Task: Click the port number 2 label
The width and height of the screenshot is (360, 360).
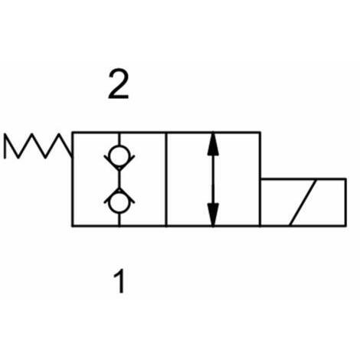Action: (118, 85)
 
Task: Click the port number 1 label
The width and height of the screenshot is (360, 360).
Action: (119, 281)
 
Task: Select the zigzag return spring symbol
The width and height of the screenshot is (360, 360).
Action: (38, 146)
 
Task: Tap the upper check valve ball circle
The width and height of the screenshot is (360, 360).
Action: (119, 155)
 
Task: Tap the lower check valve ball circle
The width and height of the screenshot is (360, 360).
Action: (119, 203)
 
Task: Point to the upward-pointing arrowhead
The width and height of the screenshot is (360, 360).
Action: (213, 144)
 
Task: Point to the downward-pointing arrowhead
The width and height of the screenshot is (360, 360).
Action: (213, 214)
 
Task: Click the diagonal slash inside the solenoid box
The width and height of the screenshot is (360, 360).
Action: (303, 203)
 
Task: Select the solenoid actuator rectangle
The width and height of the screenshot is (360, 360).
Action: (303, 203)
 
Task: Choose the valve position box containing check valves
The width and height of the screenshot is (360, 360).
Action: (119, 179)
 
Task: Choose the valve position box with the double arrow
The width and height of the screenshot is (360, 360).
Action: (213, 179)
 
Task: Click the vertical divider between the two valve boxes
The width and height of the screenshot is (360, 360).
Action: (166, 179)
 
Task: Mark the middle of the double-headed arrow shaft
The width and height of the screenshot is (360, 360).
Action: (213, 179)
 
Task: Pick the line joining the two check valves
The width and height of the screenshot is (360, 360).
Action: (119, 179)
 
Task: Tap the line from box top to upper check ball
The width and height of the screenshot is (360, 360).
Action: (119, 139)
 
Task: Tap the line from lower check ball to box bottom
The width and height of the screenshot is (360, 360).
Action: (119, 219)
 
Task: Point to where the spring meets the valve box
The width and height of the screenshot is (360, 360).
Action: (73, 156)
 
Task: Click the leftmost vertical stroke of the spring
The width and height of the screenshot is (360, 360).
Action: (5, 146)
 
